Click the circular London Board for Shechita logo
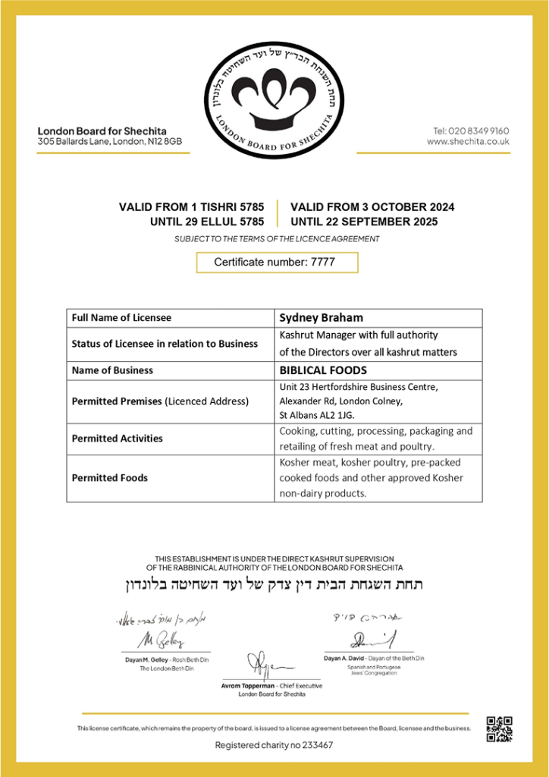(x=273, y=101)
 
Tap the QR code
(x=499, y=728)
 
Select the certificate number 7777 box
(x=277, y=262)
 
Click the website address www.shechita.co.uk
(x=468, y=142)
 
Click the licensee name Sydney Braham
(x=321, y=317)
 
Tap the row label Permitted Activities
(x=118, y=439)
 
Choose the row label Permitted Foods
(x=110, y=478)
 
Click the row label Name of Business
(x=112, y=370)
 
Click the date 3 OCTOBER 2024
(x=401, y=207)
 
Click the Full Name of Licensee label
(x=121, y=317)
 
